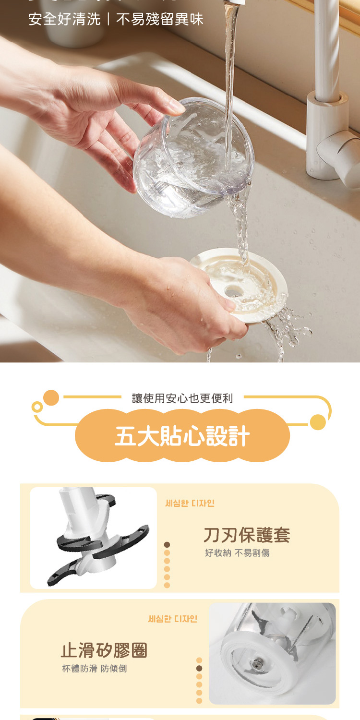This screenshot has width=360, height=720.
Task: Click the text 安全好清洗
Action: pyautogui.click(x=64, y=19)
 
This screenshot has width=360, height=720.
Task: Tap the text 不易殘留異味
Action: pyautogui.click(x=160, y=19)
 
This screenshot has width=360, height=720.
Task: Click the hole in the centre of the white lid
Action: pyautogui.click(x=234, y=290)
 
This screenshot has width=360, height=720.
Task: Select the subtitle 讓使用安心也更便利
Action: pyautogui.click(x=182, y=398)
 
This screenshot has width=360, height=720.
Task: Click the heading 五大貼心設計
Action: pyautogui.click(x=182, y=436)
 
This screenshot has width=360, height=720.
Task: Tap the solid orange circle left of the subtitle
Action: pyautogui.click(x=51, y=398)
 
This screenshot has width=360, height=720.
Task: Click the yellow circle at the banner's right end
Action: pyautogui.click(x=318, y=422)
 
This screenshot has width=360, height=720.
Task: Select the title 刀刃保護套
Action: pyautogui.click(x=247, y=535)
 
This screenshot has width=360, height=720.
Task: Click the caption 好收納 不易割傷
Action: pyautogui.click(x=237, y=553)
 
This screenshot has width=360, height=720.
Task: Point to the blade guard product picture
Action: pyautogui.click(x=93, y=538)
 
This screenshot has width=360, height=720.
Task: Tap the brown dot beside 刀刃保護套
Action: pyautogui.click(x=167, y=544)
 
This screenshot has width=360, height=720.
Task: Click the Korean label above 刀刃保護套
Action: pyautogui.click(x=190, y=503)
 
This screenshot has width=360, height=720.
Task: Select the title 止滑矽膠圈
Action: pyautogui.click(x=104, y=650)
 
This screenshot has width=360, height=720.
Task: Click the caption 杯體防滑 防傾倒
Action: pyautogui.click(x=95, y=669)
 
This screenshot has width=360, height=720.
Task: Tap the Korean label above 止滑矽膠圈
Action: pyautogui.click(x=172, y=619)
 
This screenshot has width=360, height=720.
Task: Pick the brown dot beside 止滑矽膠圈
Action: pyautogui.click(x=199, y=668)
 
